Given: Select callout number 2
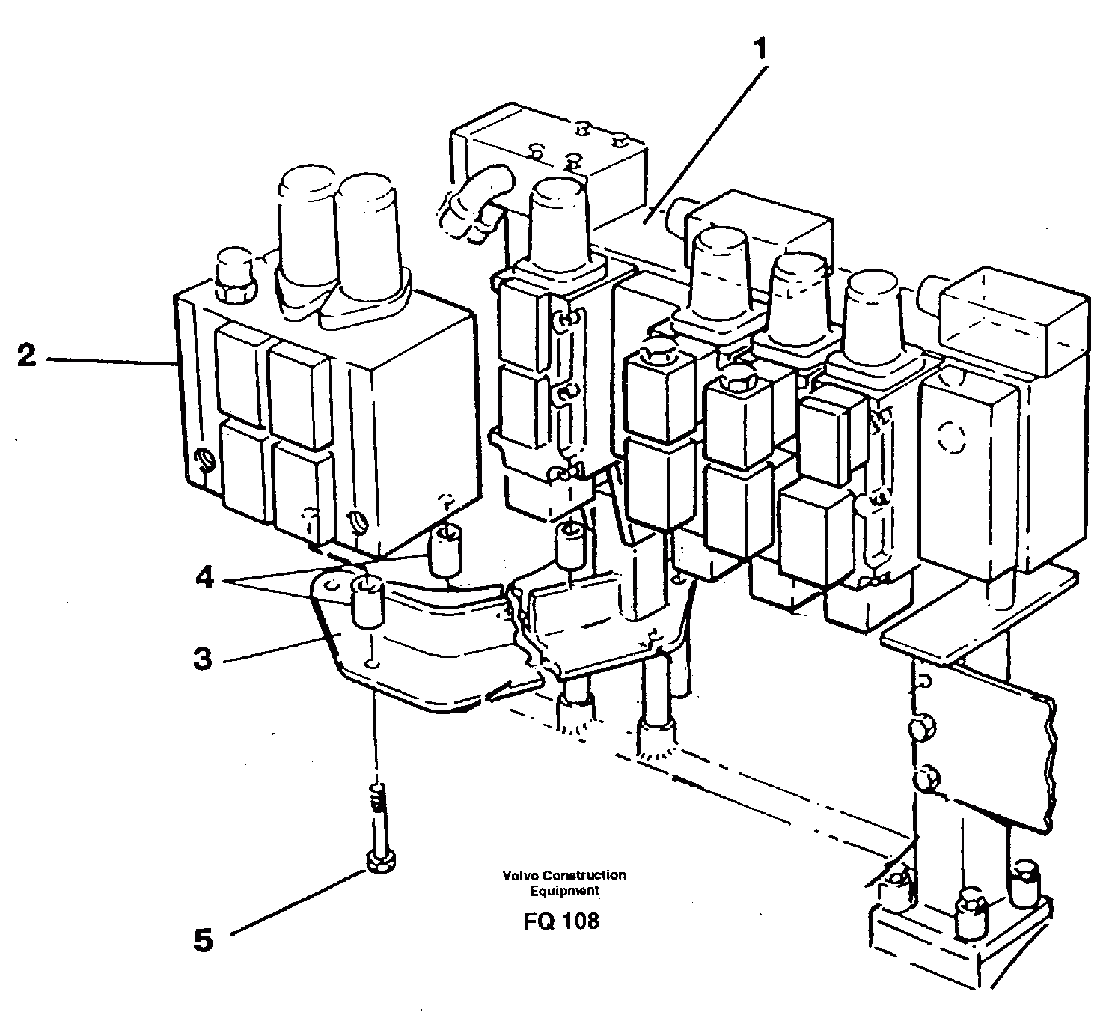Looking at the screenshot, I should point(27,356).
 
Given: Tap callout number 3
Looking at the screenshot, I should point(202,659).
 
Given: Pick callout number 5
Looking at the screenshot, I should point(203,940).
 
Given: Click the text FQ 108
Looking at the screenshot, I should point(561,921).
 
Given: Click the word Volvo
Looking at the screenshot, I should point(521,875).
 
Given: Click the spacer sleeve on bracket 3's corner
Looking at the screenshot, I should point(368,602).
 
